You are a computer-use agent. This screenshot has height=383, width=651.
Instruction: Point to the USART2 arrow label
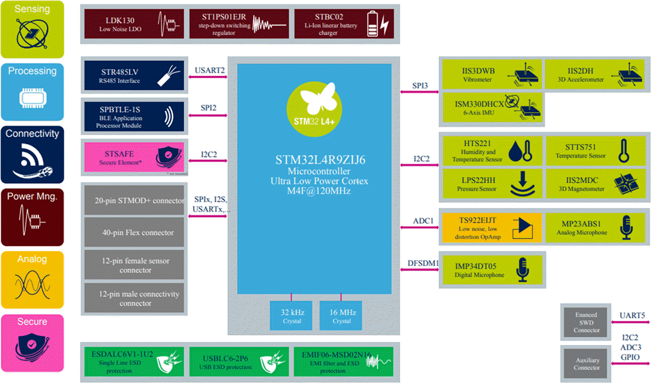click(x=210, y=71)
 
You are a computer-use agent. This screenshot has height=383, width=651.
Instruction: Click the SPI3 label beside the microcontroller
click(x=421, y=86)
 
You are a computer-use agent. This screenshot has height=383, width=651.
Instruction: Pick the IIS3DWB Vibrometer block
click(x=491, y=75)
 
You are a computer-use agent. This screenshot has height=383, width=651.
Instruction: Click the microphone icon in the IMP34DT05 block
click(x=521, y=271)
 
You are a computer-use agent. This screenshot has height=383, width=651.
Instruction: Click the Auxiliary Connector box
click(x=586, y=362)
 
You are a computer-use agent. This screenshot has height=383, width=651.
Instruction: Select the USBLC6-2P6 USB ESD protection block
click(x=239, y=361)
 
